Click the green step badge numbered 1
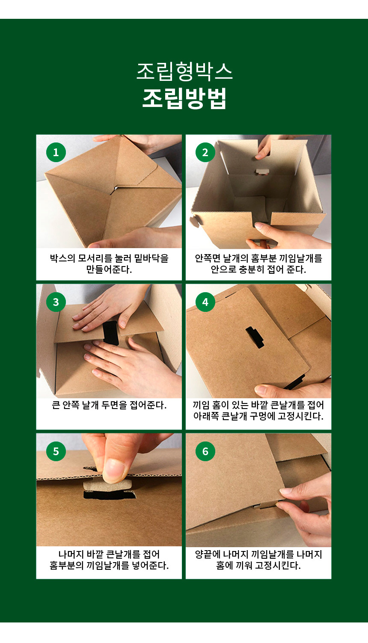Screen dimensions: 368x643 click(x=56, y=152)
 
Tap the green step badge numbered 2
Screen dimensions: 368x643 click(x=205, y=152)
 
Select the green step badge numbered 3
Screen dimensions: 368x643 click(x=56, y=302)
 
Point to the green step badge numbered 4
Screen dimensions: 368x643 click(x=205, y=302)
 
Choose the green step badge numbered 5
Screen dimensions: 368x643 click(x=56, y=451)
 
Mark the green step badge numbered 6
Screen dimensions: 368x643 click(x=205, y=451)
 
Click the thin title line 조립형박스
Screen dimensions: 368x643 click(x=184, y=71)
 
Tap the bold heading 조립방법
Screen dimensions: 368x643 click(x=184, y=98)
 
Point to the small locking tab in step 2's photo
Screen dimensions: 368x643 click(x=262, y=172)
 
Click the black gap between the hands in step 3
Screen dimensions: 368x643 click(x=111, y=333)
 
